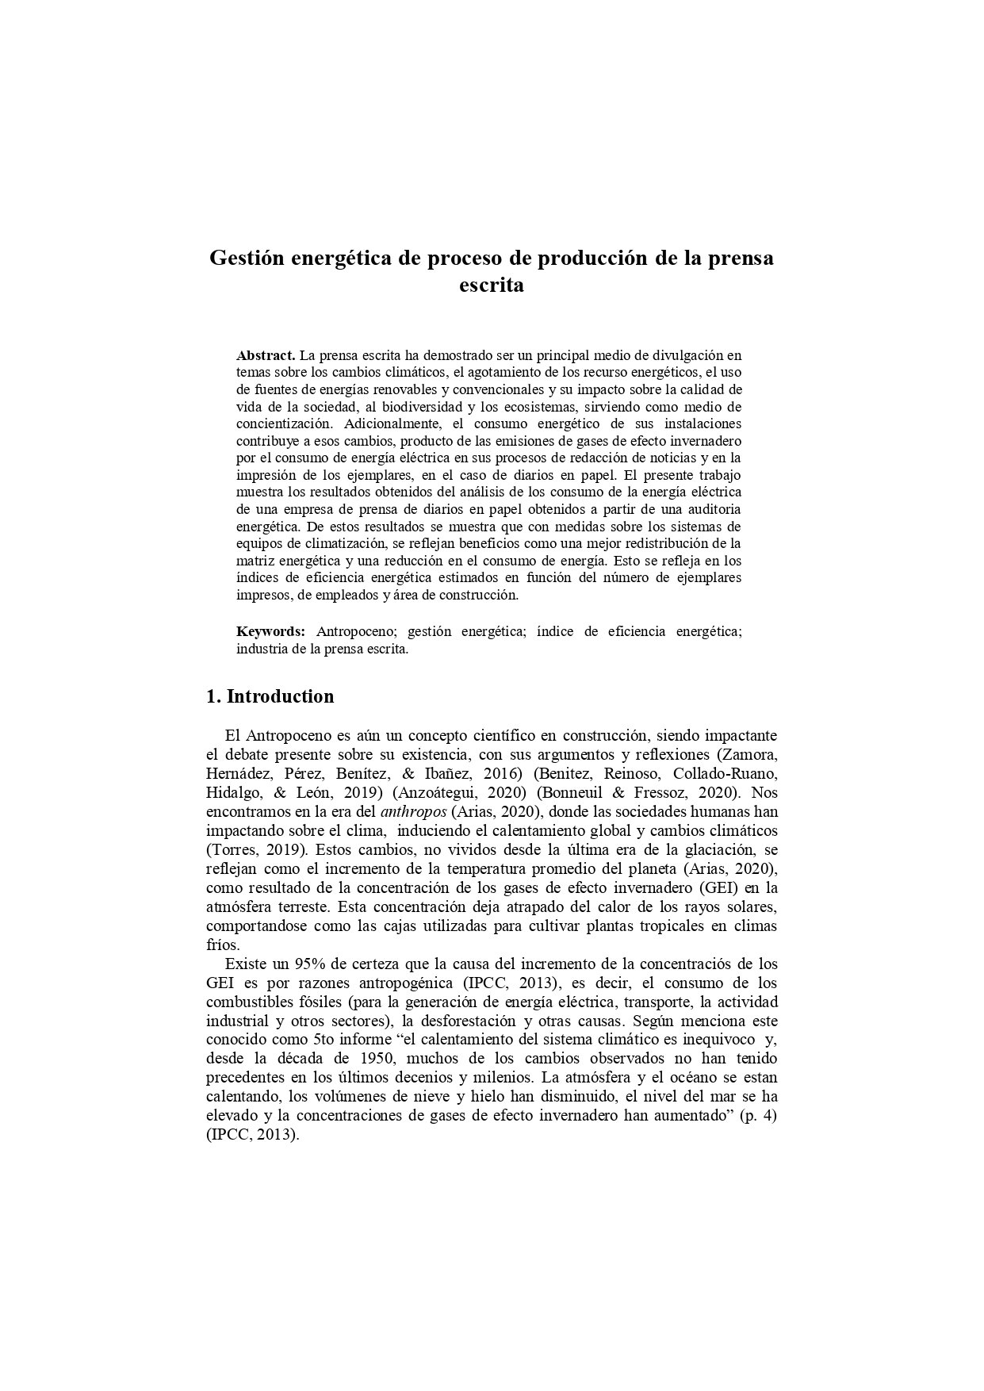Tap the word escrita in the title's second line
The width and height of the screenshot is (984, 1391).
click(492, 285)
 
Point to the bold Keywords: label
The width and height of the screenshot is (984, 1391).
click(270, 631)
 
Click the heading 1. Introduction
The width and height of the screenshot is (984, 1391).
click(270, 696)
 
